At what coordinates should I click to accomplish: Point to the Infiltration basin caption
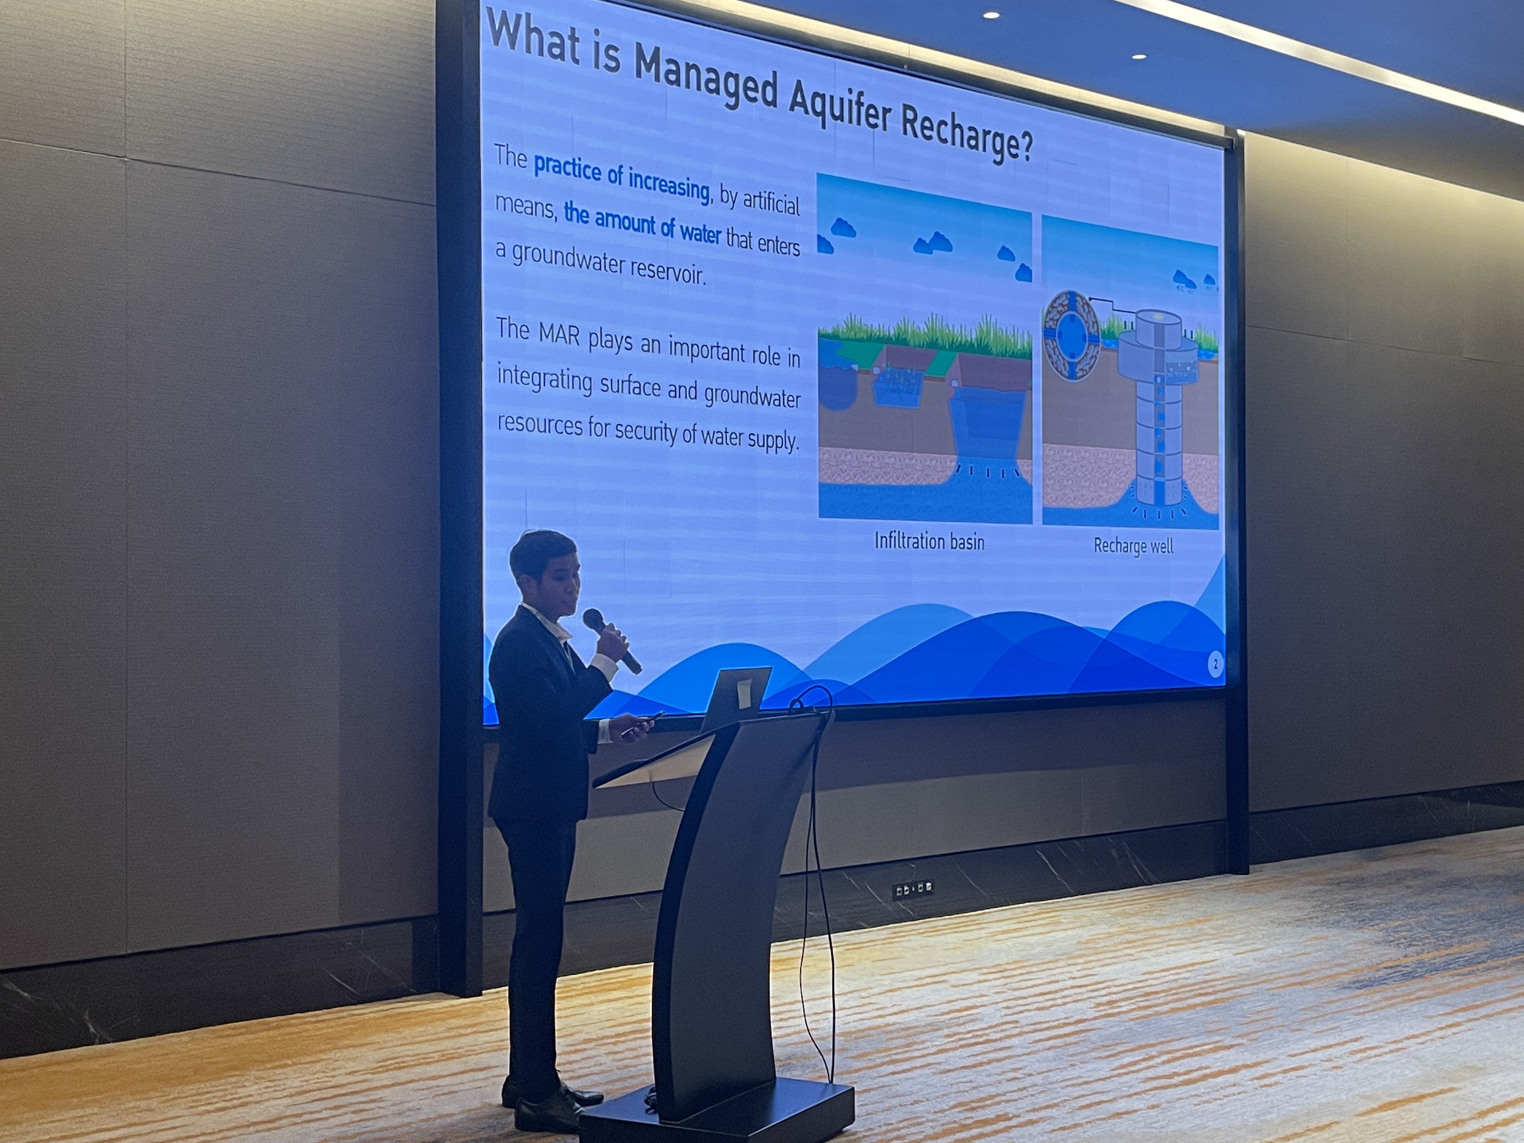pyautogui.click(x=929, y=542)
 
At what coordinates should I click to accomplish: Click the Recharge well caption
pyautogui.click(x=1133, y=546)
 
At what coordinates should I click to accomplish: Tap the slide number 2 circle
pyautogui.click(x=1215, y=664)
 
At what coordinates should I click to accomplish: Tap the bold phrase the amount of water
pyautogui.click(x=642, y=224)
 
